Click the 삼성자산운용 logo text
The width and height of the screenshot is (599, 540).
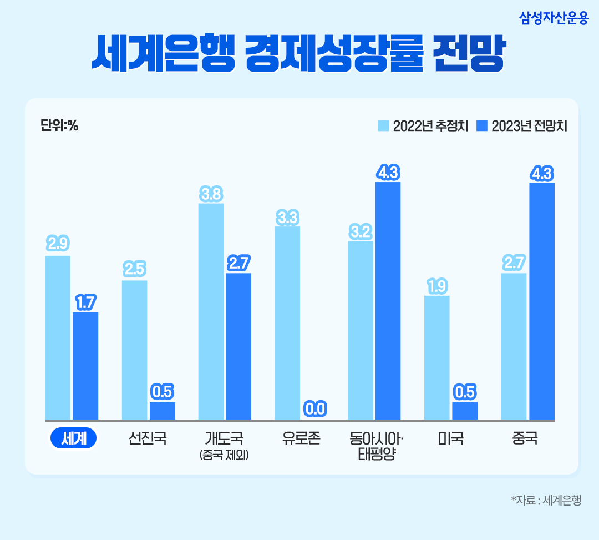tap(554, 18)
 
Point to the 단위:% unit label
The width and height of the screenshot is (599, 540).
tap(59, 126)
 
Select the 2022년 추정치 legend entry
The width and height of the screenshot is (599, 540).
tap(424, 126)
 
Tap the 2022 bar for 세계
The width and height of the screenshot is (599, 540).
tap(58, 337)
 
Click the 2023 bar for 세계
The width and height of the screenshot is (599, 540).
tap(85, 366)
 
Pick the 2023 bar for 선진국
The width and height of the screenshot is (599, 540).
tap(162, 411)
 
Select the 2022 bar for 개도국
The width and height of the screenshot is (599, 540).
tap(211, 311)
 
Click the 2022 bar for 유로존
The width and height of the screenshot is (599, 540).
tap(287, 323)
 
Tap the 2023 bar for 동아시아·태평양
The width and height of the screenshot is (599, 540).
tap(388, 301)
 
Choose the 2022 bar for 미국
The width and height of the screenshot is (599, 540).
tap(437, 357)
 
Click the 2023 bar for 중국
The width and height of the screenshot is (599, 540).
tap(541, 301)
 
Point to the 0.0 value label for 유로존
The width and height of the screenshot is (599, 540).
tap(315, 410)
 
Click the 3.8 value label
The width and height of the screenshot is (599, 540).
tap(211, 194)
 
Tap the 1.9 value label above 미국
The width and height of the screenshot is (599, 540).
tap(437, 286)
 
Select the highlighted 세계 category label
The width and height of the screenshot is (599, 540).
tap(73, 438)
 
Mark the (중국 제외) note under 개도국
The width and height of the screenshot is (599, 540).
tap(224, 456)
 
